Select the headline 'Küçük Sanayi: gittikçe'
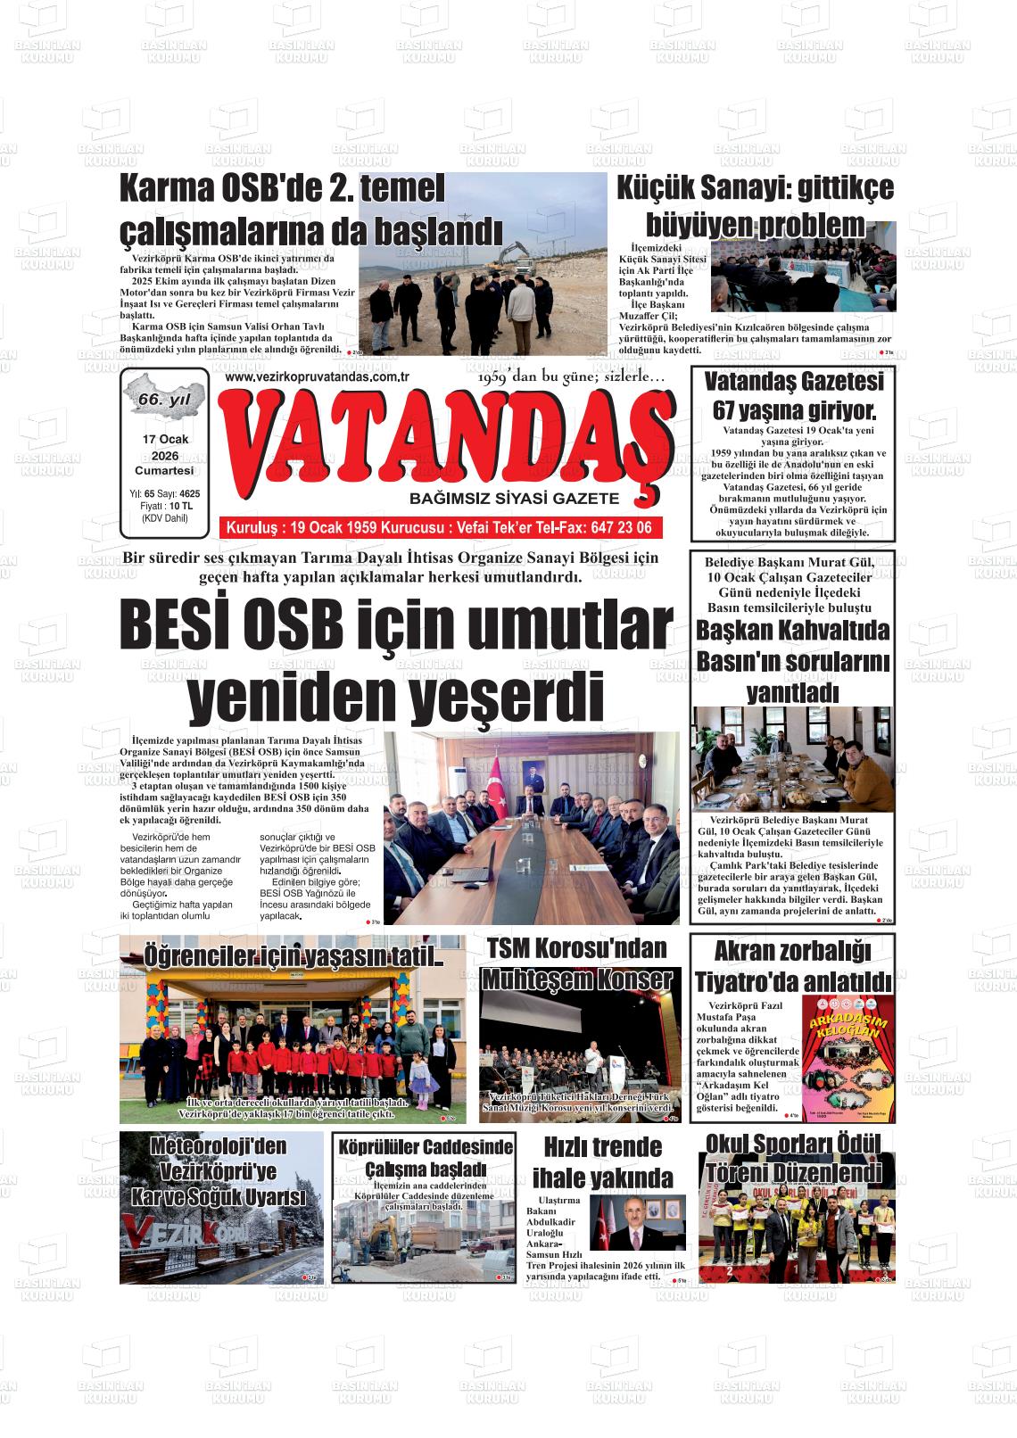(755, 189)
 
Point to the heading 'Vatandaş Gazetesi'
(793, 383)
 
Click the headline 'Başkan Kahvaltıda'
(793, 631)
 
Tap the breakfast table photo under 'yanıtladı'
(793, 759)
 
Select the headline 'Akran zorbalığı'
(792, 951)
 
